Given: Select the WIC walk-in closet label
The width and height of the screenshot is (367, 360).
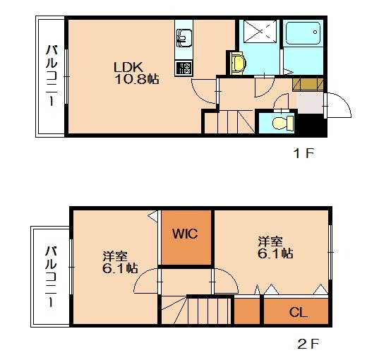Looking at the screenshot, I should (186, 234).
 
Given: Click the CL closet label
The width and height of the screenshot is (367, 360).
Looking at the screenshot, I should (297, 311).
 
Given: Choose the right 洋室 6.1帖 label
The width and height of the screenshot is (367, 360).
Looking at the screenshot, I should (275, 247).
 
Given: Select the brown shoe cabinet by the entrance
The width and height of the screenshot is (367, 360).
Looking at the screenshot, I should (308, 84).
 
